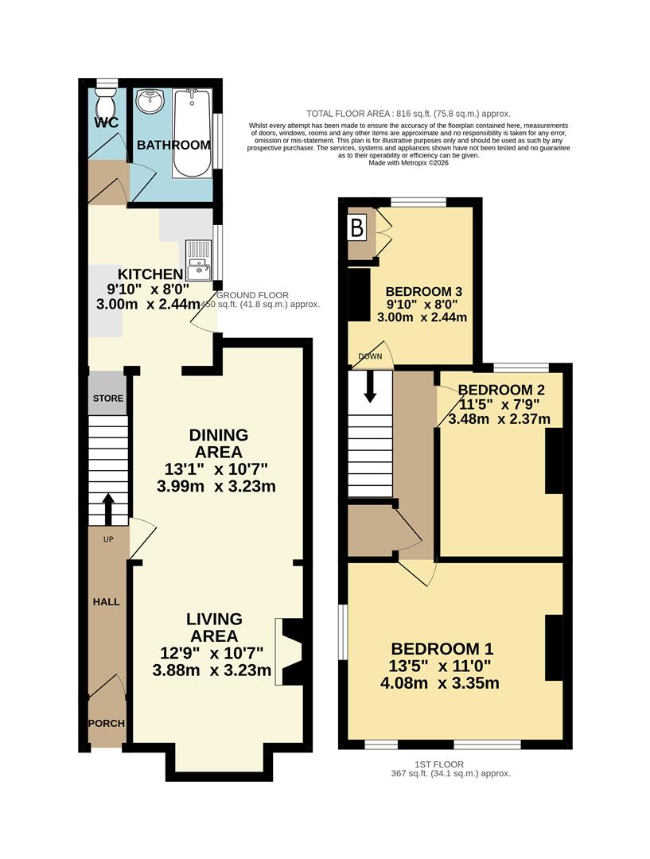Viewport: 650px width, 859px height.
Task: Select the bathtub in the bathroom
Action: [192, 133]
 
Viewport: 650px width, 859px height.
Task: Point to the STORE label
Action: [108, 398]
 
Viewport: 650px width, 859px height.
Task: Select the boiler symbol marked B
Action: [357, 229]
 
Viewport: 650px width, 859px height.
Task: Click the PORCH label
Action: [106, 723]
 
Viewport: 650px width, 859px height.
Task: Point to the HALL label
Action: [106, 602]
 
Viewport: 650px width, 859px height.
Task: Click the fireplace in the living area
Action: [287, 651]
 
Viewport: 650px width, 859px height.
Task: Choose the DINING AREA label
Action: [219, 443]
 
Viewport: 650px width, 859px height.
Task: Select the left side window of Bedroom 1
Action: [343, 628]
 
